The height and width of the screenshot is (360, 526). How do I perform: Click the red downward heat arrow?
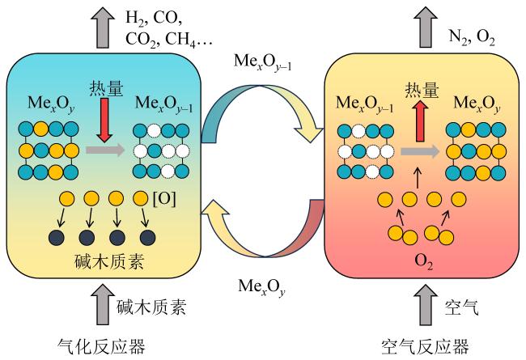pos(104,120)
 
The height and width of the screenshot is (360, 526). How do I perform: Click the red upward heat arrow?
pos(420,121)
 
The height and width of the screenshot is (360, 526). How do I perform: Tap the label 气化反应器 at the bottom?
pos(102,346)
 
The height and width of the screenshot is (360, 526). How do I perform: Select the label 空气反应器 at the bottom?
pos(425,346)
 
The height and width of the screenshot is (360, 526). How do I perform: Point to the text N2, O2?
pos(472,37)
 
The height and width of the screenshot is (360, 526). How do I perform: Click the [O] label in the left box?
pos(164,199)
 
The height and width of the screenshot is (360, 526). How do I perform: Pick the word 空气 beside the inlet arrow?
pos(461,307)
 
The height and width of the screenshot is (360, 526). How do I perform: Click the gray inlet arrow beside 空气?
pos(426,305)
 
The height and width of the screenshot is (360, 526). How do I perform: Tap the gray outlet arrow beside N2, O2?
pos(426,27)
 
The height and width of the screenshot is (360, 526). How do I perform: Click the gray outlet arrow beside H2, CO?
pos(103,27)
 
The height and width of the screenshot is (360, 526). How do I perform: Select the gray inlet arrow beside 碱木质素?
pos(103,305)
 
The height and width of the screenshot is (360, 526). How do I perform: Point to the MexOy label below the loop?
pos(261,287)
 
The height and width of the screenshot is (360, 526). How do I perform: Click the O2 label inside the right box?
pos(424,262)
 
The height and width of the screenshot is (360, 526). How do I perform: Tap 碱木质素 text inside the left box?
pos(109,261)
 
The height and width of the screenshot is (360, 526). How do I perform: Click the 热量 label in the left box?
pos(106,88)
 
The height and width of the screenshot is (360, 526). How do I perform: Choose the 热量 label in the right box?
pos(422,90)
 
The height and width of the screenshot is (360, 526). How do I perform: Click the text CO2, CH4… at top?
pos(169,40)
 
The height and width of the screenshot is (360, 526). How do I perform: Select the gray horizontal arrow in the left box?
pos(105,150)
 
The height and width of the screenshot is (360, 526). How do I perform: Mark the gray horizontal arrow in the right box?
pos(420,151)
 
